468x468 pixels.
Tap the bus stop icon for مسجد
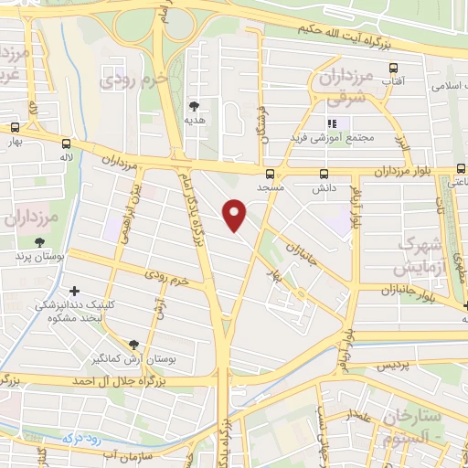pos(269,174)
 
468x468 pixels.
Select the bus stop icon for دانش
pos(323,173)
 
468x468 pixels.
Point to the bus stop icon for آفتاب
pos(394,68)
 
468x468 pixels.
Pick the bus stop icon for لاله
pos(66,144)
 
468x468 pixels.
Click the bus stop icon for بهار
pos(15,129)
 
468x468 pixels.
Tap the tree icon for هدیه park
pos(193,105)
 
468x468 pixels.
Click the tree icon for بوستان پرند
pos(39,243)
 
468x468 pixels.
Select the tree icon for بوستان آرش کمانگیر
pos(135,345)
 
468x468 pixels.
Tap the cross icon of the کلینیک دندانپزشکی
pos(74,291)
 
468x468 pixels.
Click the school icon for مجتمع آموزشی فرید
pos(332,123)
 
